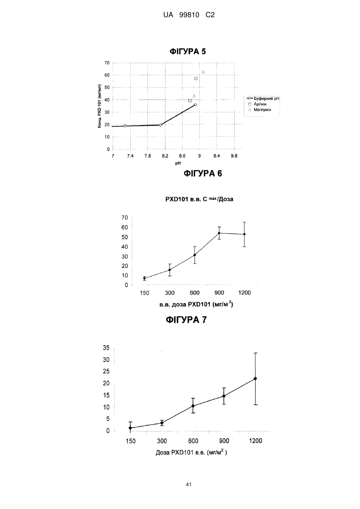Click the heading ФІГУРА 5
188,51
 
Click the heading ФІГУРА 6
203,174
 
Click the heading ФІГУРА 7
186,320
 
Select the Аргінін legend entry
258,104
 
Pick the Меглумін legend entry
260,110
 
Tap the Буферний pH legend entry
263,99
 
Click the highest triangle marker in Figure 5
203,72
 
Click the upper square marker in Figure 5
196,78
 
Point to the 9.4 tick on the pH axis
217,156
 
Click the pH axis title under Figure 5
178,163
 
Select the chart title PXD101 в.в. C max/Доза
199,199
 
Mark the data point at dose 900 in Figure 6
219,233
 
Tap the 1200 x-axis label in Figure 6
245,293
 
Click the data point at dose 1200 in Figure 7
255,379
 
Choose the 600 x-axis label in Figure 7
193,441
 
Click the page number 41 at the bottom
189,485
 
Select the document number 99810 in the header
189,15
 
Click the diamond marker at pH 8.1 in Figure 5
160,125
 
